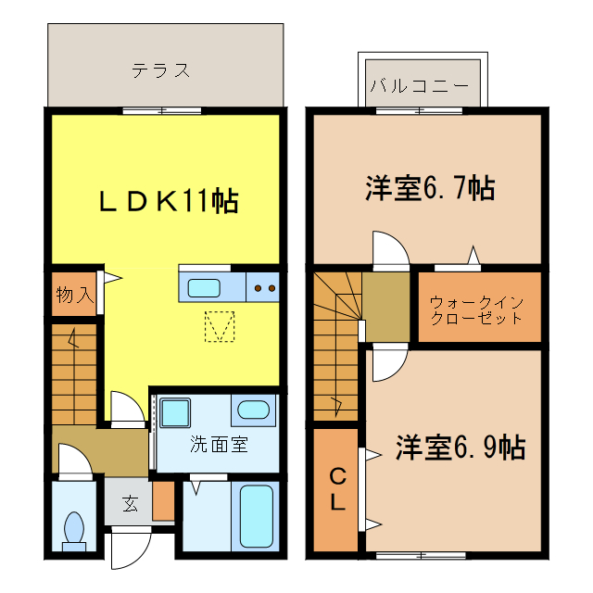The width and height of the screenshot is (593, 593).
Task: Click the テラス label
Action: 161,69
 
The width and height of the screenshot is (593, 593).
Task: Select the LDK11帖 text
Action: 169,200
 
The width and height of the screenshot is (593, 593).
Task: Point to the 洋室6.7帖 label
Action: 428,188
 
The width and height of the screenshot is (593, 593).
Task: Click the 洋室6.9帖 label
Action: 460,448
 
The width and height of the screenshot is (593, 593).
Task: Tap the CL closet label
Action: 338,491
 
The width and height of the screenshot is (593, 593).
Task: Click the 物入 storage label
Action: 73,296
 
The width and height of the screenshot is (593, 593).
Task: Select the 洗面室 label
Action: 219,444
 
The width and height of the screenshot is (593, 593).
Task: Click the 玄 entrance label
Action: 131,504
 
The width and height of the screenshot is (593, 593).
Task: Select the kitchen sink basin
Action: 204,287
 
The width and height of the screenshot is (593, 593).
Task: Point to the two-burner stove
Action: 265,287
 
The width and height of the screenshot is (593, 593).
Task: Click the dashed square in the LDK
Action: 220,326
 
